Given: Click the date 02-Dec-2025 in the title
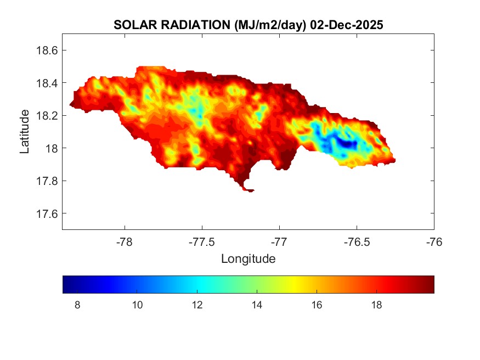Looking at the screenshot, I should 346,25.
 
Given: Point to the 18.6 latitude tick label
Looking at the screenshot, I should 47,50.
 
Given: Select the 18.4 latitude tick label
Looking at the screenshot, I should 47,83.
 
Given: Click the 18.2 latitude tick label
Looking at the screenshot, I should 47,116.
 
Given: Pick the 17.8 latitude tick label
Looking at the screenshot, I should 47,181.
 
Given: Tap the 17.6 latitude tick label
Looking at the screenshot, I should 47,213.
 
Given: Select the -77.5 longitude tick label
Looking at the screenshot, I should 202,241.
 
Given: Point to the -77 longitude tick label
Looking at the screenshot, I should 279,241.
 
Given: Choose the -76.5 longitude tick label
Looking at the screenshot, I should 357,241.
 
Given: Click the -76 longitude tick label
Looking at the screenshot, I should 434,241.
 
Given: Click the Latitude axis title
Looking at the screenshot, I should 25,132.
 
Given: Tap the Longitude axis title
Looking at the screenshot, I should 248,258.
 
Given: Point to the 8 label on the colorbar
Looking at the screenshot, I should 77,305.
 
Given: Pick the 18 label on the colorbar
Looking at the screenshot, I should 376,305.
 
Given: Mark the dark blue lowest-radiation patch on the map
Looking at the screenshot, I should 347,144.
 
